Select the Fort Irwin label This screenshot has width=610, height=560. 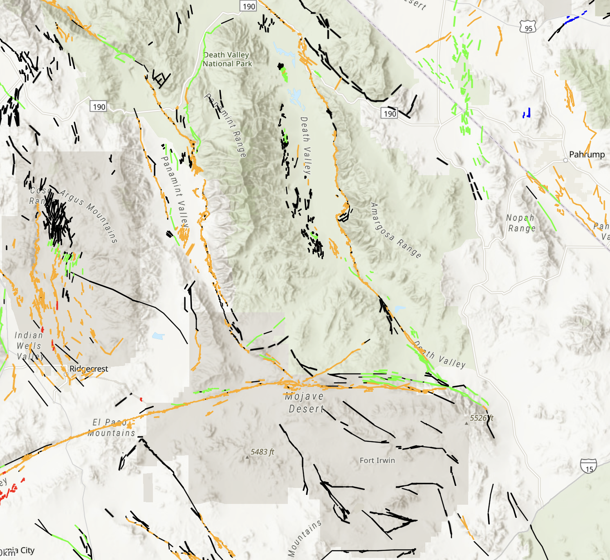377,461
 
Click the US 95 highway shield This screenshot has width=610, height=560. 528,28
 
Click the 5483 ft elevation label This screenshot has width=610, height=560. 262,452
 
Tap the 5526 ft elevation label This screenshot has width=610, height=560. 481,418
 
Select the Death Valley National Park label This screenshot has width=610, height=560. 227,59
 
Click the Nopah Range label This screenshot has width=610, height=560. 521,223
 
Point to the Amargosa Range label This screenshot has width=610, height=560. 395,230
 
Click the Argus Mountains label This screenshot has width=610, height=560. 89,216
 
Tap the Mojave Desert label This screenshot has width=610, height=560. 305,402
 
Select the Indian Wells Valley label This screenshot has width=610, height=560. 29,346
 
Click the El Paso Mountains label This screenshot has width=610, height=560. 111,427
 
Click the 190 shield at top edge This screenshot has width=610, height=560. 249,6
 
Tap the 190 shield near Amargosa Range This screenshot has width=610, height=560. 390,113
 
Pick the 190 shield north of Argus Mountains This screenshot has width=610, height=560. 99,107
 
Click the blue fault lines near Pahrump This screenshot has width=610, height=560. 527,113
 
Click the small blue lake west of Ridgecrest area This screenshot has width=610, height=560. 158,336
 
